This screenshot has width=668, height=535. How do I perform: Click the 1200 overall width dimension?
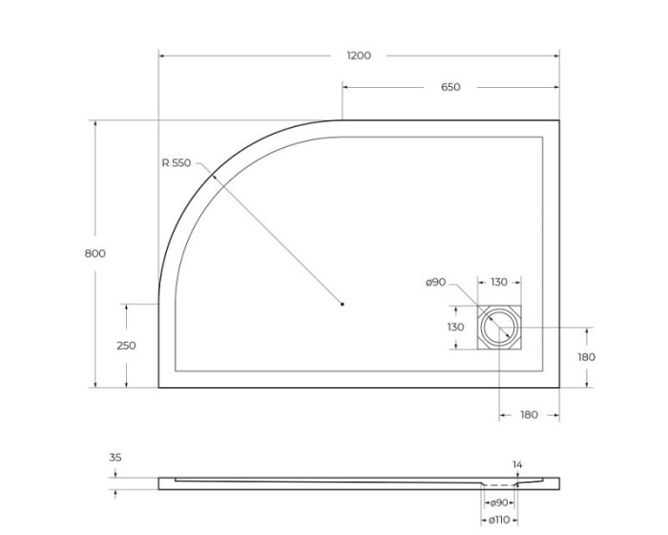[x=358, y=55]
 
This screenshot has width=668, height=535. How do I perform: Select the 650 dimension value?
[x=450, y=87]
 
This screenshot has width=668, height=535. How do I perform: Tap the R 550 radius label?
[x=177, y=163]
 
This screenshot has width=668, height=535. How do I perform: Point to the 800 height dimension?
[x=94, y=253]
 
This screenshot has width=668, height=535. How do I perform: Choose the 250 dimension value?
[x=126, y=346]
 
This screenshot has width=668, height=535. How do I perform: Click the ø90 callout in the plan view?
[x=436, y=282]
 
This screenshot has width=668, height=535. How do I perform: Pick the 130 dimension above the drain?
[x=498, y=282]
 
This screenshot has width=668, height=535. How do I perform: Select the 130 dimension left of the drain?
[x=455, y=327]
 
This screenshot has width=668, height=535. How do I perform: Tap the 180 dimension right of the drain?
[x=586, y=356]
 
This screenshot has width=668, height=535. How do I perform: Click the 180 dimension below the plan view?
[x=529, y=415]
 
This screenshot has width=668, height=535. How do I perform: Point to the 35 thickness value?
[x=115, y=458]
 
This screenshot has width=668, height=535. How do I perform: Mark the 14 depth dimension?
[x=517, y=465]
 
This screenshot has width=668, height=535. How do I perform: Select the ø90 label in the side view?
[x=498, y=503]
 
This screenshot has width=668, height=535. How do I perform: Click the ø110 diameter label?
[x=498, y=520]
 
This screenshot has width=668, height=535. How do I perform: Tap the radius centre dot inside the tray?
[x=342, y=305]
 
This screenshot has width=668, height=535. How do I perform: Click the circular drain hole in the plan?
[x=498, y=328]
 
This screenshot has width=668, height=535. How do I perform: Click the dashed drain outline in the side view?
[x=498, y=486]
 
